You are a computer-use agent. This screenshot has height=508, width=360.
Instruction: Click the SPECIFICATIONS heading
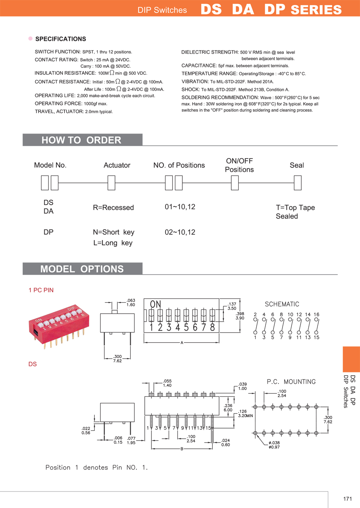60,39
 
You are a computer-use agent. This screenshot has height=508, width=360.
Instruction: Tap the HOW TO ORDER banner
81,140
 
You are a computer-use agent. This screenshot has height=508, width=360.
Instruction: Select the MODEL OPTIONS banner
82,269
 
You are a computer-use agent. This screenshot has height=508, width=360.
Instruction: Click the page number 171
347,499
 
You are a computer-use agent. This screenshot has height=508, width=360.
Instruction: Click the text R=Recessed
113,208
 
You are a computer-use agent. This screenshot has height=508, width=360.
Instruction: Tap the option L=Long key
113,243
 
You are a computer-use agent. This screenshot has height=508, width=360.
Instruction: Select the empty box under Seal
297,183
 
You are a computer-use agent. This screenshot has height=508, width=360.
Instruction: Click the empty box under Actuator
111,183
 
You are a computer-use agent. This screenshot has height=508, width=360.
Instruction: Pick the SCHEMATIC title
282,304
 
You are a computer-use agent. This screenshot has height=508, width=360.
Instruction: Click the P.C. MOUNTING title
291,381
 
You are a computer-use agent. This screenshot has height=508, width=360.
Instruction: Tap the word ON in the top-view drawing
155,304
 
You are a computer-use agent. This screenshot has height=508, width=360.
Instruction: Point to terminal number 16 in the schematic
317,315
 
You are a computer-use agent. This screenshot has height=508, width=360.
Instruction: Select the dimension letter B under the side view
182,449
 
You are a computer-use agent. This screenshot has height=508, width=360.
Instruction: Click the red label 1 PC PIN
41,290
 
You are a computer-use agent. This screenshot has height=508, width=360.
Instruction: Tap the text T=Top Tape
295,208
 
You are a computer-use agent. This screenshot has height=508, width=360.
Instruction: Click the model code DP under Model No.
49,232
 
